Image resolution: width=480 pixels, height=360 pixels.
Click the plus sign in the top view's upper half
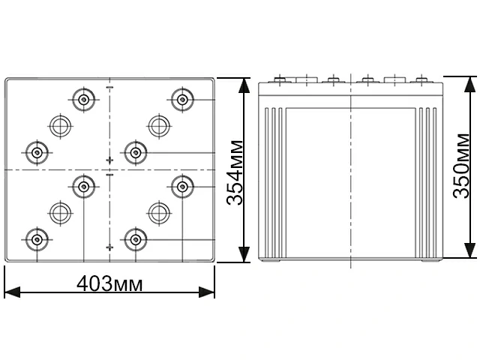click(109, 160)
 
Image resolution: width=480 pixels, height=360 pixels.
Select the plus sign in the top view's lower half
click(109, 247)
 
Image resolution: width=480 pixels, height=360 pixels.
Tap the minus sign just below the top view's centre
click(109, 175)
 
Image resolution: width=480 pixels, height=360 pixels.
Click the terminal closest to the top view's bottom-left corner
click(35, 239)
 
